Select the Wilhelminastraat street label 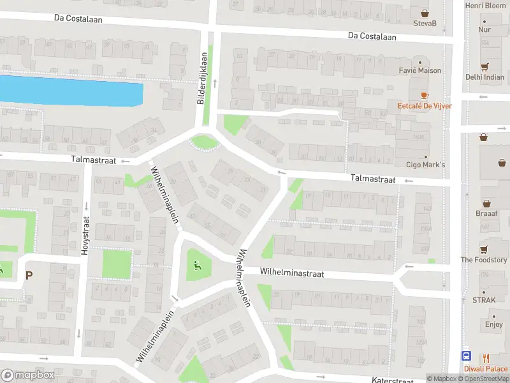tap(292, 273)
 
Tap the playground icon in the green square tap(197, 266)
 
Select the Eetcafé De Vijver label tap(425, 105)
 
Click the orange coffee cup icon tap(425, 94)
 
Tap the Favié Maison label tap(419, 70)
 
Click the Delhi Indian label tap(484, 77)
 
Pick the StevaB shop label tap(425, 24)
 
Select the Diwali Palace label tap(486, 368)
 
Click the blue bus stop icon tap(467, 357)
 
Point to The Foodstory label tap(484, 260)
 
